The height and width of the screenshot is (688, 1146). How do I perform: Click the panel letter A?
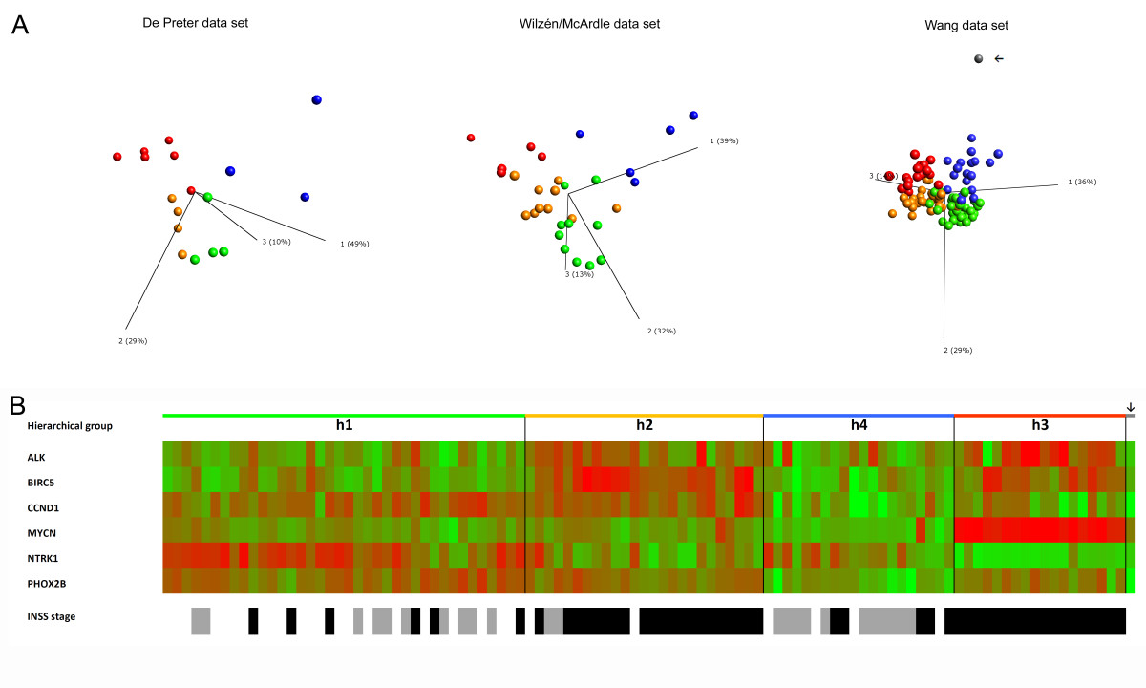(x=19, y=26)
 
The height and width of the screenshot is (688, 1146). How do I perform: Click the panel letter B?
(x=19, y=404)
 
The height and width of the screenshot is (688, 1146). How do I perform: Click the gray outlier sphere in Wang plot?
(x=978, y=59)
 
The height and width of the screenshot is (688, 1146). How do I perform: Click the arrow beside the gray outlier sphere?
(x=999, y=59)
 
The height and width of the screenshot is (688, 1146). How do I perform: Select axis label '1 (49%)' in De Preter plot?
(x=354, y=244)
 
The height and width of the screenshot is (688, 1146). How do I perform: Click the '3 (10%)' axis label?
(x=276, y=241)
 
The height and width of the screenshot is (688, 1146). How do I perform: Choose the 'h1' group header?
(x=344, y=425)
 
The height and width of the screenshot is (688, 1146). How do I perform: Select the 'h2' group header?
(x=645, y=425)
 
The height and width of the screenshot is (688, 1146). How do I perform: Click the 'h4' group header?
(x=859, y=425)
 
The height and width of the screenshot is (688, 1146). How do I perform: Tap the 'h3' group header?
(x=1040, y=425)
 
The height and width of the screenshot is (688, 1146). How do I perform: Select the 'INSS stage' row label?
(x=52, y=617)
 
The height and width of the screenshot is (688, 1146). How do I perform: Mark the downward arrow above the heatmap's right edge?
(x=1130, y=406)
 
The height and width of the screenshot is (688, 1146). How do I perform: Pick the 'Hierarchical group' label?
(x=71, y=426)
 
